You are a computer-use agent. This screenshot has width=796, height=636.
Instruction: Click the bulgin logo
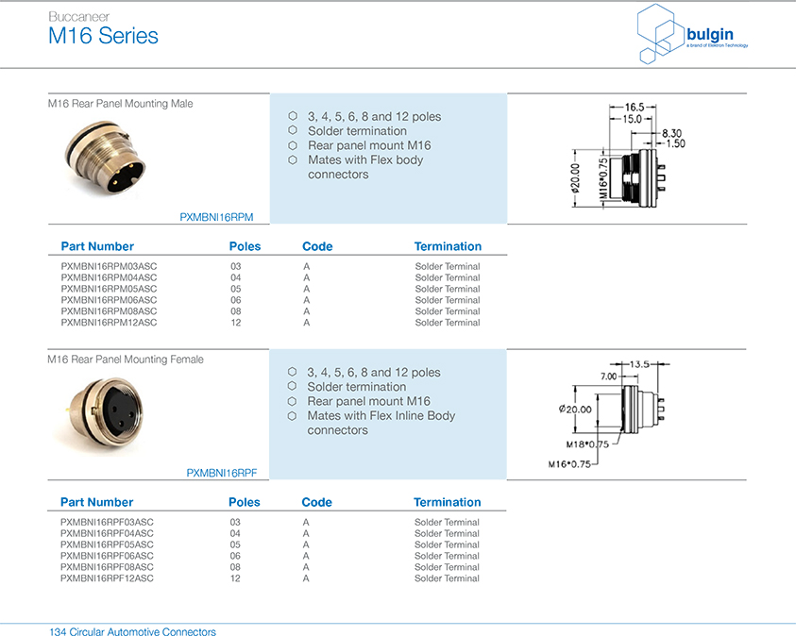[693, 35]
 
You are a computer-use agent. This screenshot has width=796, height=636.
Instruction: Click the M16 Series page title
[103, 37]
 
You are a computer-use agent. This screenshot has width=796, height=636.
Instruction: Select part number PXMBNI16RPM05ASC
[109, 289]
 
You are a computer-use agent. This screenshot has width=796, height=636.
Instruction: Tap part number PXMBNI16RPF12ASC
[107, 578]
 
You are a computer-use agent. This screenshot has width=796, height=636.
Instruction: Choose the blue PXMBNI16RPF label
[221, 473]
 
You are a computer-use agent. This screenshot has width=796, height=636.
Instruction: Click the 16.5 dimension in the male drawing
[634, 107]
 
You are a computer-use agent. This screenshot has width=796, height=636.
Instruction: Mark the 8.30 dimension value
[671, 133]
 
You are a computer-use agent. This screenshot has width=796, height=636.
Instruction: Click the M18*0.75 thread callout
[586, 444]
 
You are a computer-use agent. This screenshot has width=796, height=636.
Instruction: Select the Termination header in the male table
[448, 246]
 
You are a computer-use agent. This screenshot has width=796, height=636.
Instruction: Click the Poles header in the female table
[244, 502]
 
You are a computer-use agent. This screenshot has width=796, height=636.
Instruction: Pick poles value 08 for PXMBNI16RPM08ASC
[235, 311]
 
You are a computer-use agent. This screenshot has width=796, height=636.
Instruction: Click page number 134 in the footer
[56, 631]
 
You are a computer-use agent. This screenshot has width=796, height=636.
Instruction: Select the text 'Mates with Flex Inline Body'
[381, 415]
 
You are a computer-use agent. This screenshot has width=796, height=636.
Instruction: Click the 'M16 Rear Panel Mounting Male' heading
[120, 104]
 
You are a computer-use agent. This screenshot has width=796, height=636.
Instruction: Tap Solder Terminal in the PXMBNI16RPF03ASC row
[447, 522]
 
